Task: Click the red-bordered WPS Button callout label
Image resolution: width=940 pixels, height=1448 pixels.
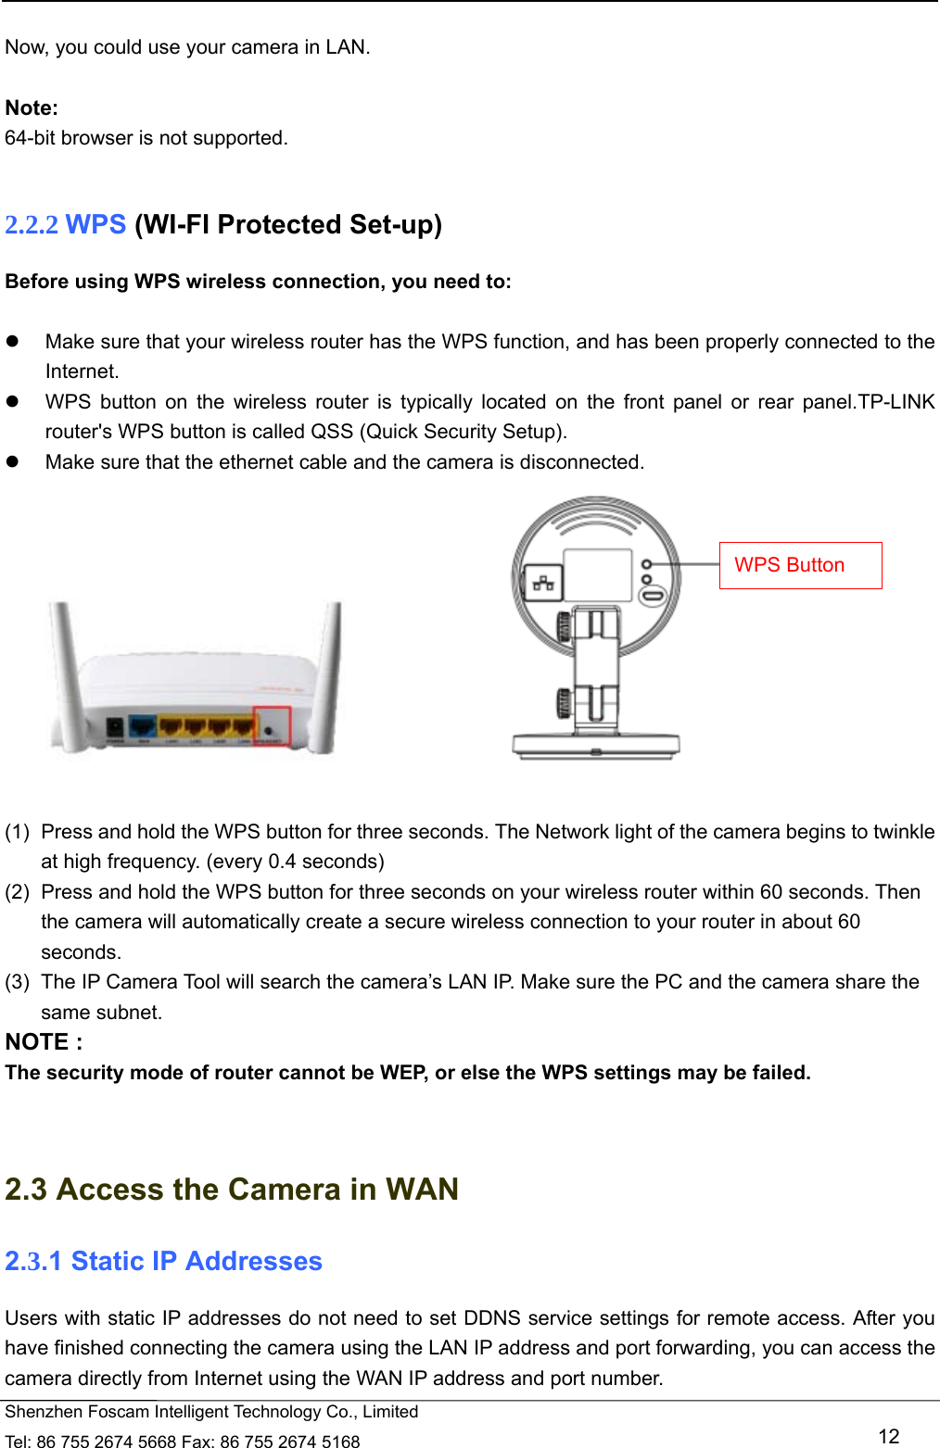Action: pyautogui.click(x=800, y=565)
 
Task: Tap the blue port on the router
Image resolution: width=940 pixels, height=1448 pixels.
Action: pyautogui.click(x=142, y=728)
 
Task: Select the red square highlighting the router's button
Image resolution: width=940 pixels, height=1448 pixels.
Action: pyautogui.click(x=273, y=726)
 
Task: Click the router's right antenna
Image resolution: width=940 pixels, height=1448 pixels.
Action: pyautogui.click(x=327, y=676)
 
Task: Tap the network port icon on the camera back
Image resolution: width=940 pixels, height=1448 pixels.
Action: pyautogui.click(x=543, y=583)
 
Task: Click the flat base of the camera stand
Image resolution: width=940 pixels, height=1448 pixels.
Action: pyautogui.click(x=596, y=745)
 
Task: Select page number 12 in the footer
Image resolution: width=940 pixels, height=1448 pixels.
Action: pyautogui.click(x=888, y=1436)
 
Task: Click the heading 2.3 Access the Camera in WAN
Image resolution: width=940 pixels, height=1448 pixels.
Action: pyautogui.click(x=232, y=1190)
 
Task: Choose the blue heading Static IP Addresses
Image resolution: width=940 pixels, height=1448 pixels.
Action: pyautogui.click(x=197, y=1262)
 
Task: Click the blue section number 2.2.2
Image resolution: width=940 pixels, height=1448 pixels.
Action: pyautogui.click(x=32, y=225)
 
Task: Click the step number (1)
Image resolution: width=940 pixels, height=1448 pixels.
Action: pyautogui.click(x=17, y=832)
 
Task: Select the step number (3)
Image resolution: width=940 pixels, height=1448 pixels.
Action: pyautogui.click(x=17, y=982)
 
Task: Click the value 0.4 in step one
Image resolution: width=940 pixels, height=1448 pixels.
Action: pyautogui.click(x=282, y=862)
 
